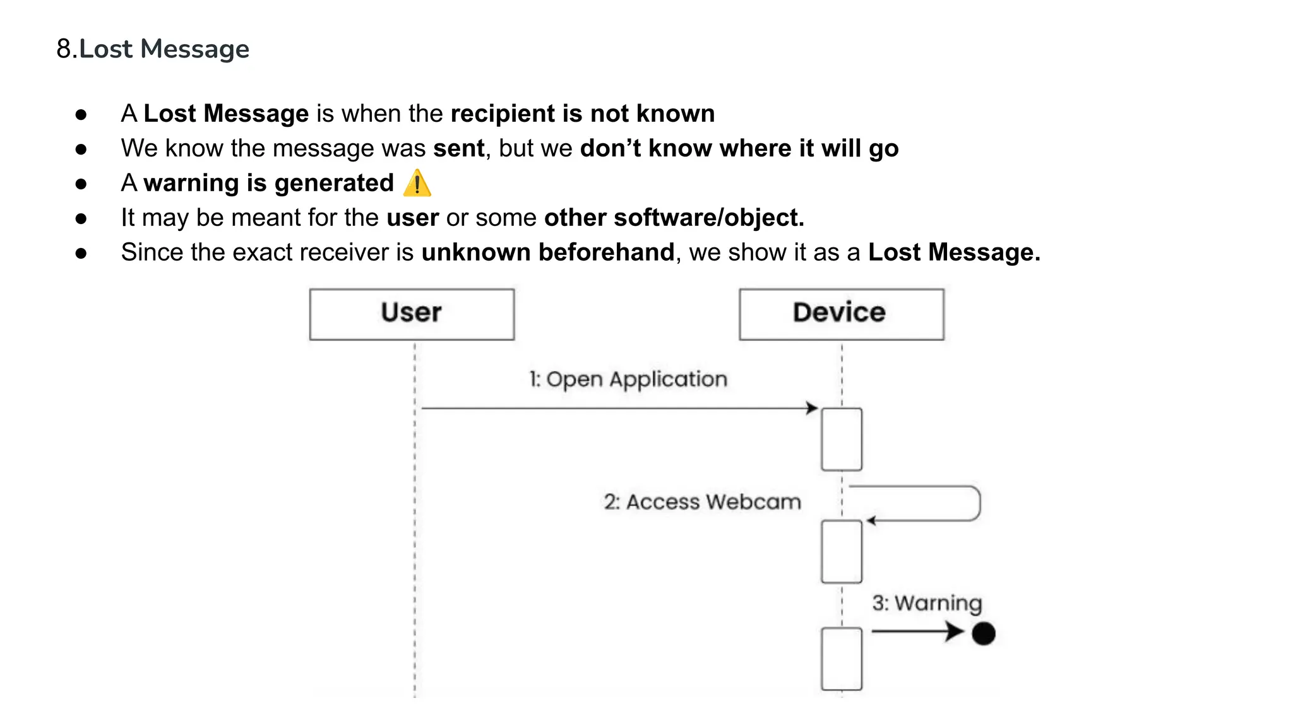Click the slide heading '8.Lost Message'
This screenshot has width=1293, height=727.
[x=153, y=49]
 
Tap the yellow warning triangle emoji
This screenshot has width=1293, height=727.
[x=417, y=184]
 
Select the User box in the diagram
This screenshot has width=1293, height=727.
[x=412, y=314]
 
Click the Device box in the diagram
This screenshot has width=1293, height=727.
[x=841, y=314]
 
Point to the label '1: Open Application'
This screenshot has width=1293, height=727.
[x=628, y=379]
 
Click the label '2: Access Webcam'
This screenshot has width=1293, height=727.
[x=702, y=502]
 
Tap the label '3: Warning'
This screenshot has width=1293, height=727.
[x=927, y=603]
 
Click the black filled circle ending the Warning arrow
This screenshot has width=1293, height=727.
[x=983, y=633]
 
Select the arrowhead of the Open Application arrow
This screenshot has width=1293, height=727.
[x=812, y=408]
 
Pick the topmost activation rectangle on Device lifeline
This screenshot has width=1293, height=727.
[x=841, y=439]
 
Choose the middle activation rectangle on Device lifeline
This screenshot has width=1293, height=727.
[x=841, y=552]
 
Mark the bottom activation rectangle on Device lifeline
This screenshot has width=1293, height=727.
[x=841, y=658]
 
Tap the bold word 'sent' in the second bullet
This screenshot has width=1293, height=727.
[x=458, y=148]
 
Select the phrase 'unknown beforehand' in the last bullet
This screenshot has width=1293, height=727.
[x=548, y=252]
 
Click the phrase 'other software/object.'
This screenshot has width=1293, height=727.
[x=674, y=218]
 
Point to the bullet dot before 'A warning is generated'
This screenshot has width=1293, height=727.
[x=81, y=184]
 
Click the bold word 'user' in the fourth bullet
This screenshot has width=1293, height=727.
[x=412, y=218]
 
